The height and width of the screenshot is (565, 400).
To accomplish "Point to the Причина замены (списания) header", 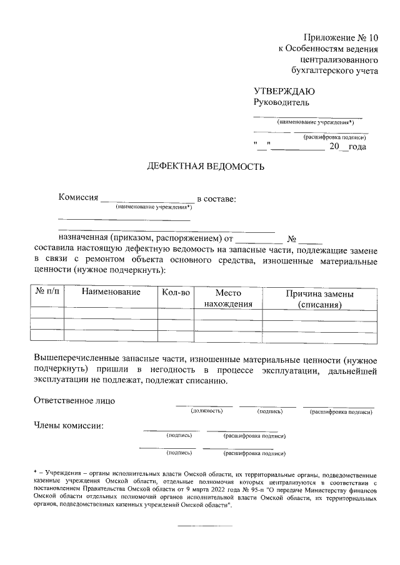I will coord(319,298).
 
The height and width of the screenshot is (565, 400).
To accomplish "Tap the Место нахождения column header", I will coord(227,298).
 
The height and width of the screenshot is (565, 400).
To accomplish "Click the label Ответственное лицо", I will coord(74,400).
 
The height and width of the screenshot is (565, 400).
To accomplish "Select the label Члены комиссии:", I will coord(69,426).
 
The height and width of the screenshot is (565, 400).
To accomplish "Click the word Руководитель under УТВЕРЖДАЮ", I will coord(281,102).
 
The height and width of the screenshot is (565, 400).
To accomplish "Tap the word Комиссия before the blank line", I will coord(79,198).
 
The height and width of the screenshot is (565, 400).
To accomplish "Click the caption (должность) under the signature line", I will coord(207,411).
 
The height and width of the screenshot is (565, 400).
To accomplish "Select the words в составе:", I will coord(217,198).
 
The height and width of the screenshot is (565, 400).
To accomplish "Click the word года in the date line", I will coord(357,147).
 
